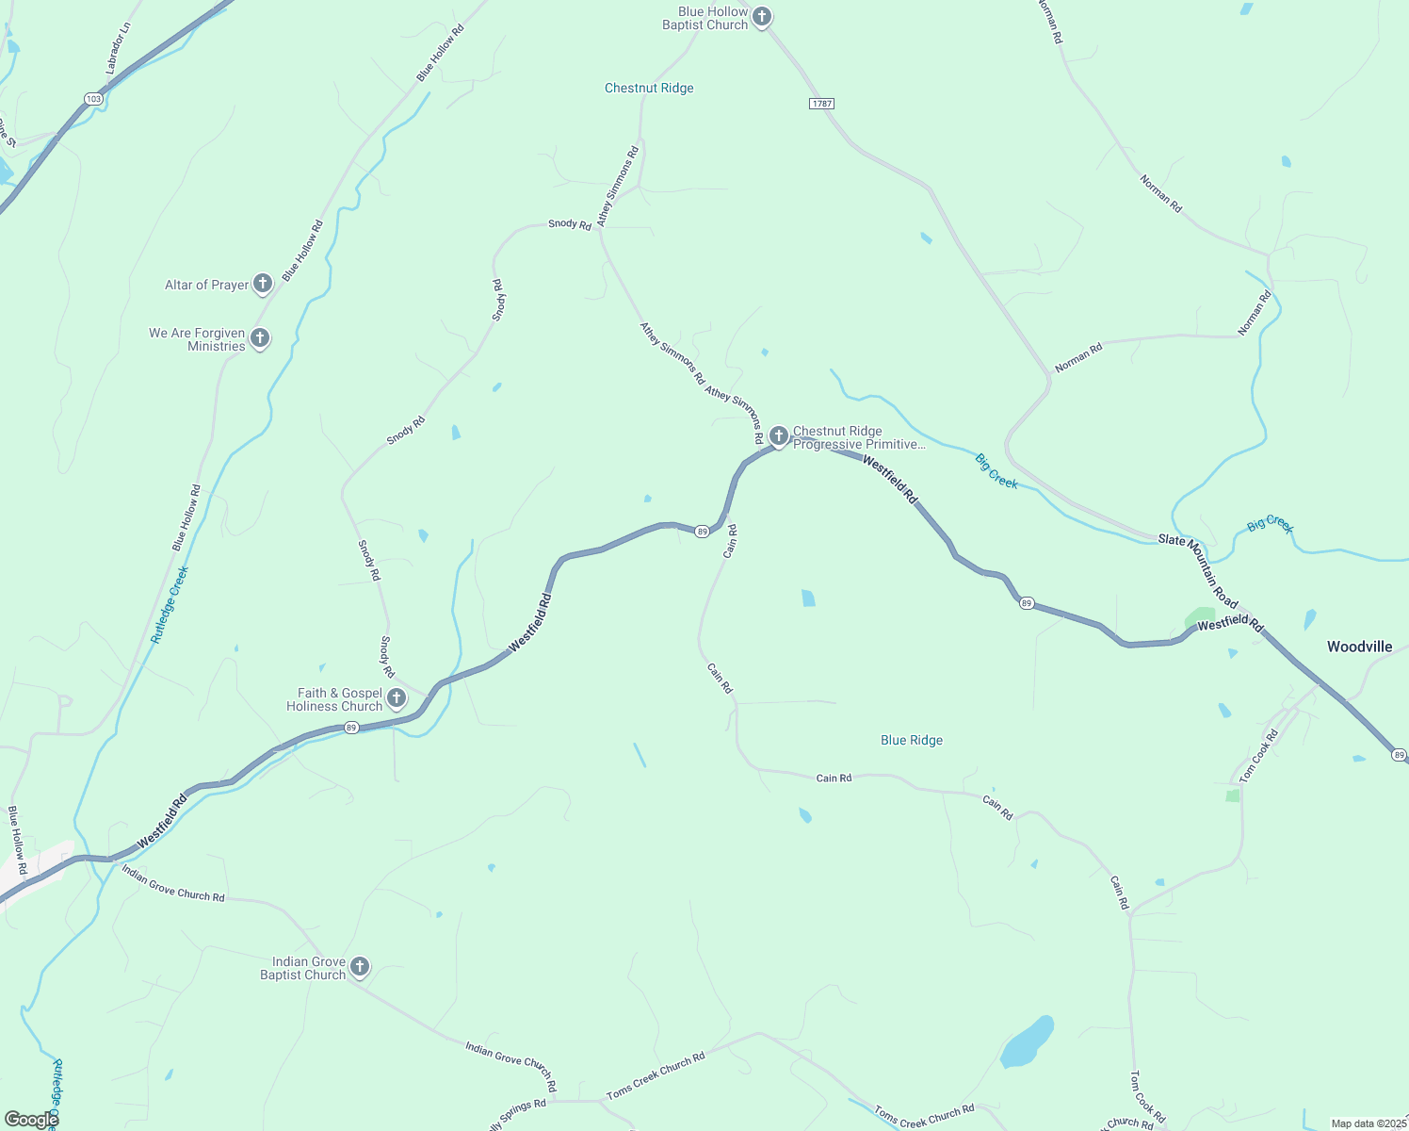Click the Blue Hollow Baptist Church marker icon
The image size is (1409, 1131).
click(762, 16)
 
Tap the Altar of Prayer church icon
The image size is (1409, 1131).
click(263, 284)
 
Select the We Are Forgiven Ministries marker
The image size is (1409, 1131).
click(261, 338)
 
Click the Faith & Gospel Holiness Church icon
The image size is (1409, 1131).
click(397, 698)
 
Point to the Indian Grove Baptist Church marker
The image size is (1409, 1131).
click(359, 967)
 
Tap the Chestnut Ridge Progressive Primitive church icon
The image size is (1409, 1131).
click(779, 435)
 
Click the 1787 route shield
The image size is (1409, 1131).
click(821, 103)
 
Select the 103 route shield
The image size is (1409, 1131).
click(93, 98)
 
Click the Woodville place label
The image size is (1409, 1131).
click(1359, 647)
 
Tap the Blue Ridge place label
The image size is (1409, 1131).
click(912, 740)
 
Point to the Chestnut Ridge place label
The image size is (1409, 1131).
click(649, 88)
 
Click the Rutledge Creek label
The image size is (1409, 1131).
click(170, 604)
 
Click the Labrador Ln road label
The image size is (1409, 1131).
click(119, 48)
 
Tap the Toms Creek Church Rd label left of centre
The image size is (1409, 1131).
click(656, 1075)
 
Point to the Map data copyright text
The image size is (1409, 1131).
click(1368, 1123)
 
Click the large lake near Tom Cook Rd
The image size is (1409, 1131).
click(1026, 1041)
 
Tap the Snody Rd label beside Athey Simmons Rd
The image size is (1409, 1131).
click(570, 223)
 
